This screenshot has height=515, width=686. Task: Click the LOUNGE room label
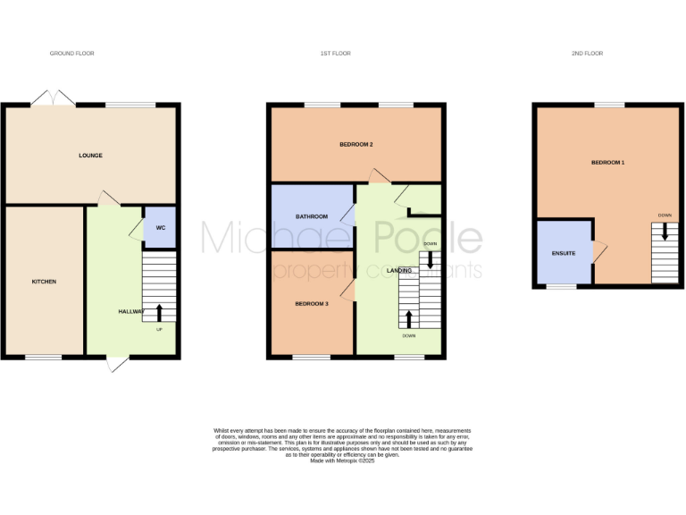pos(90,156)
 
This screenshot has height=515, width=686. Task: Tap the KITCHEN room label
pos(44,282)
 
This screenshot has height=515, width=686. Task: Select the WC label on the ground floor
pos(161,228)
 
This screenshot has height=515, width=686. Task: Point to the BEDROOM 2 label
pos(356,145)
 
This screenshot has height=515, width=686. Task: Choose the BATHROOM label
pos(312,217)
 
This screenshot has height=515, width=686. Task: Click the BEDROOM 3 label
pos(312,304)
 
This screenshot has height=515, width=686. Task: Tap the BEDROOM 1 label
pos(607,163)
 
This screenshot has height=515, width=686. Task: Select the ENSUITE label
pos(563,254)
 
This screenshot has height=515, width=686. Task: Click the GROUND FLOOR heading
pos(71,54)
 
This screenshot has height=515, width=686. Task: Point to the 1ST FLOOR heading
pos(335,54)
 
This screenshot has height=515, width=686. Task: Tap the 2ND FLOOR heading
pos(588,54)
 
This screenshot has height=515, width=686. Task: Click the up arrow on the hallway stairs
pos(160,312)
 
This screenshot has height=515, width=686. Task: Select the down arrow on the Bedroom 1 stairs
pos(664,232)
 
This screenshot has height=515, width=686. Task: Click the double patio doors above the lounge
pos(54,98)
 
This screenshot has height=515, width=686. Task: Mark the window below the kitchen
pos(43,358)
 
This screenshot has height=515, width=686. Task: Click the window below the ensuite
pos(561,287)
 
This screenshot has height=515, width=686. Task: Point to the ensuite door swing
pos(599,252)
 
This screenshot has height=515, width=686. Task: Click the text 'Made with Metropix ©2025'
pos(342,460)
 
